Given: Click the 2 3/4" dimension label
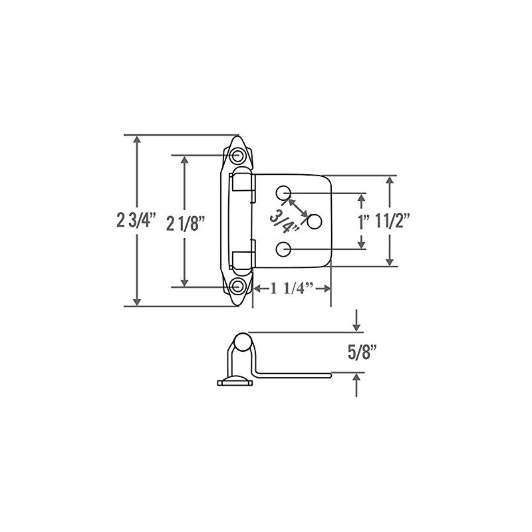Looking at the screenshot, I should point(136,221).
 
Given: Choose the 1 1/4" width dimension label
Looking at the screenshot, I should point(292,289).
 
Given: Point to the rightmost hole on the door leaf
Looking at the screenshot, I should point(315,220).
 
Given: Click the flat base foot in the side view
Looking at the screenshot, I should point(235,381).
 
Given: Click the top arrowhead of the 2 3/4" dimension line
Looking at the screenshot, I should point(137,140).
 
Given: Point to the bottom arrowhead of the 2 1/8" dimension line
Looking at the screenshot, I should point(186,282).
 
